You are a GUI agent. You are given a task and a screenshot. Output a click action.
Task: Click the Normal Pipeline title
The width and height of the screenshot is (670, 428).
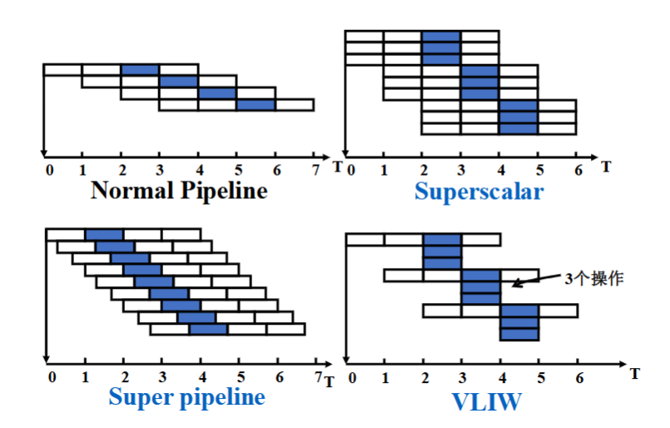coord(179,191)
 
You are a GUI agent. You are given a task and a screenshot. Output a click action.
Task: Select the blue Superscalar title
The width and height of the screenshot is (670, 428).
coord(479,192)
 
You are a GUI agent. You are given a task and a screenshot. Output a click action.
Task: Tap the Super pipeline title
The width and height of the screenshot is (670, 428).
coord(186,398)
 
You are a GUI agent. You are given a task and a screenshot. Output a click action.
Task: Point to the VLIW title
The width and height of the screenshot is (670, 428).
coord(487,401)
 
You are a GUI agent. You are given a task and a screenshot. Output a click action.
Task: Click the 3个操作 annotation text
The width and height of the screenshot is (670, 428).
coord(594,279)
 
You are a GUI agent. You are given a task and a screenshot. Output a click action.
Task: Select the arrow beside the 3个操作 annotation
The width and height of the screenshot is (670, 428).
coord(536,280)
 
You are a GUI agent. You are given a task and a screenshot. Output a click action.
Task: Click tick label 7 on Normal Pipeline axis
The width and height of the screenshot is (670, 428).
coord(315,170)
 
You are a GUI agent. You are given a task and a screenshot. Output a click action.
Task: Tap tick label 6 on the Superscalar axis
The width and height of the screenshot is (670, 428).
coord(578,170)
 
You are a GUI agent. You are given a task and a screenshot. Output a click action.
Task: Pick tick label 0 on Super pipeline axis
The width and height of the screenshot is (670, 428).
coord(52,377)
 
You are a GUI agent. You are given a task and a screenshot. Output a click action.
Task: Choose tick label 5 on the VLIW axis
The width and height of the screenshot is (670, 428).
coord(541,378)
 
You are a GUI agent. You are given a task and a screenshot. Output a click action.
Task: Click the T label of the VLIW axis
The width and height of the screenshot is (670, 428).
coord(635,374)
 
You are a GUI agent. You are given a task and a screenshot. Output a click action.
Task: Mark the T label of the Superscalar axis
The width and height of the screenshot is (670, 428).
coord(606,167)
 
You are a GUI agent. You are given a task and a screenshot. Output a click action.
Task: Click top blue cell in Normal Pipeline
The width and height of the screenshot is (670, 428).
coord(140,70)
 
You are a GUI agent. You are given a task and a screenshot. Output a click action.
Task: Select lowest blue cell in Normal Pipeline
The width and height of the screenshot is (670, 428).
coord(256,105)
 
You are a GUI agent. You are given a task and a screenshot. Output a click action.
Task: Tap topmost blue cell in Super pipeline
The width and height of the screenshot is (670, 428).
coord(104,235)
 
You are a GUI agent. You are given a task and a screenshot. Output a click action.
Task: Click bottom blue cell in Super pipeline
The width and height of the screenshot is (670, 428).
coord(208,329)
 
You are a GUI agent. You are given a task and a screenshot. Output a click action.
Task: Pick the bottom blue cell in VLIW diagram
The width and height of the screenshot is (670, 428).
coord(519,335)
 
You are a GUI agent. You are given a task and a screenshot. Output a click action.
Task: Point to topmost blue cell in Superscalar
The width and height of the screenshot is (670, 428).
coord(441,37)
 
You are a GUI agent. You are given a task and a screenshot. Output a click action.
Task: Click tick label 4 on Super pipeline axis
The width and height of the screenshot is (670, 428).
coord(202,377)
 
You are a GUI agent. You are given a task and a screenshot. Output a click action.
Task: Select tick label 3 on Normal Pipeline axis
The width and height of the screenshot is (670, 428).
coord(160,170)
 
